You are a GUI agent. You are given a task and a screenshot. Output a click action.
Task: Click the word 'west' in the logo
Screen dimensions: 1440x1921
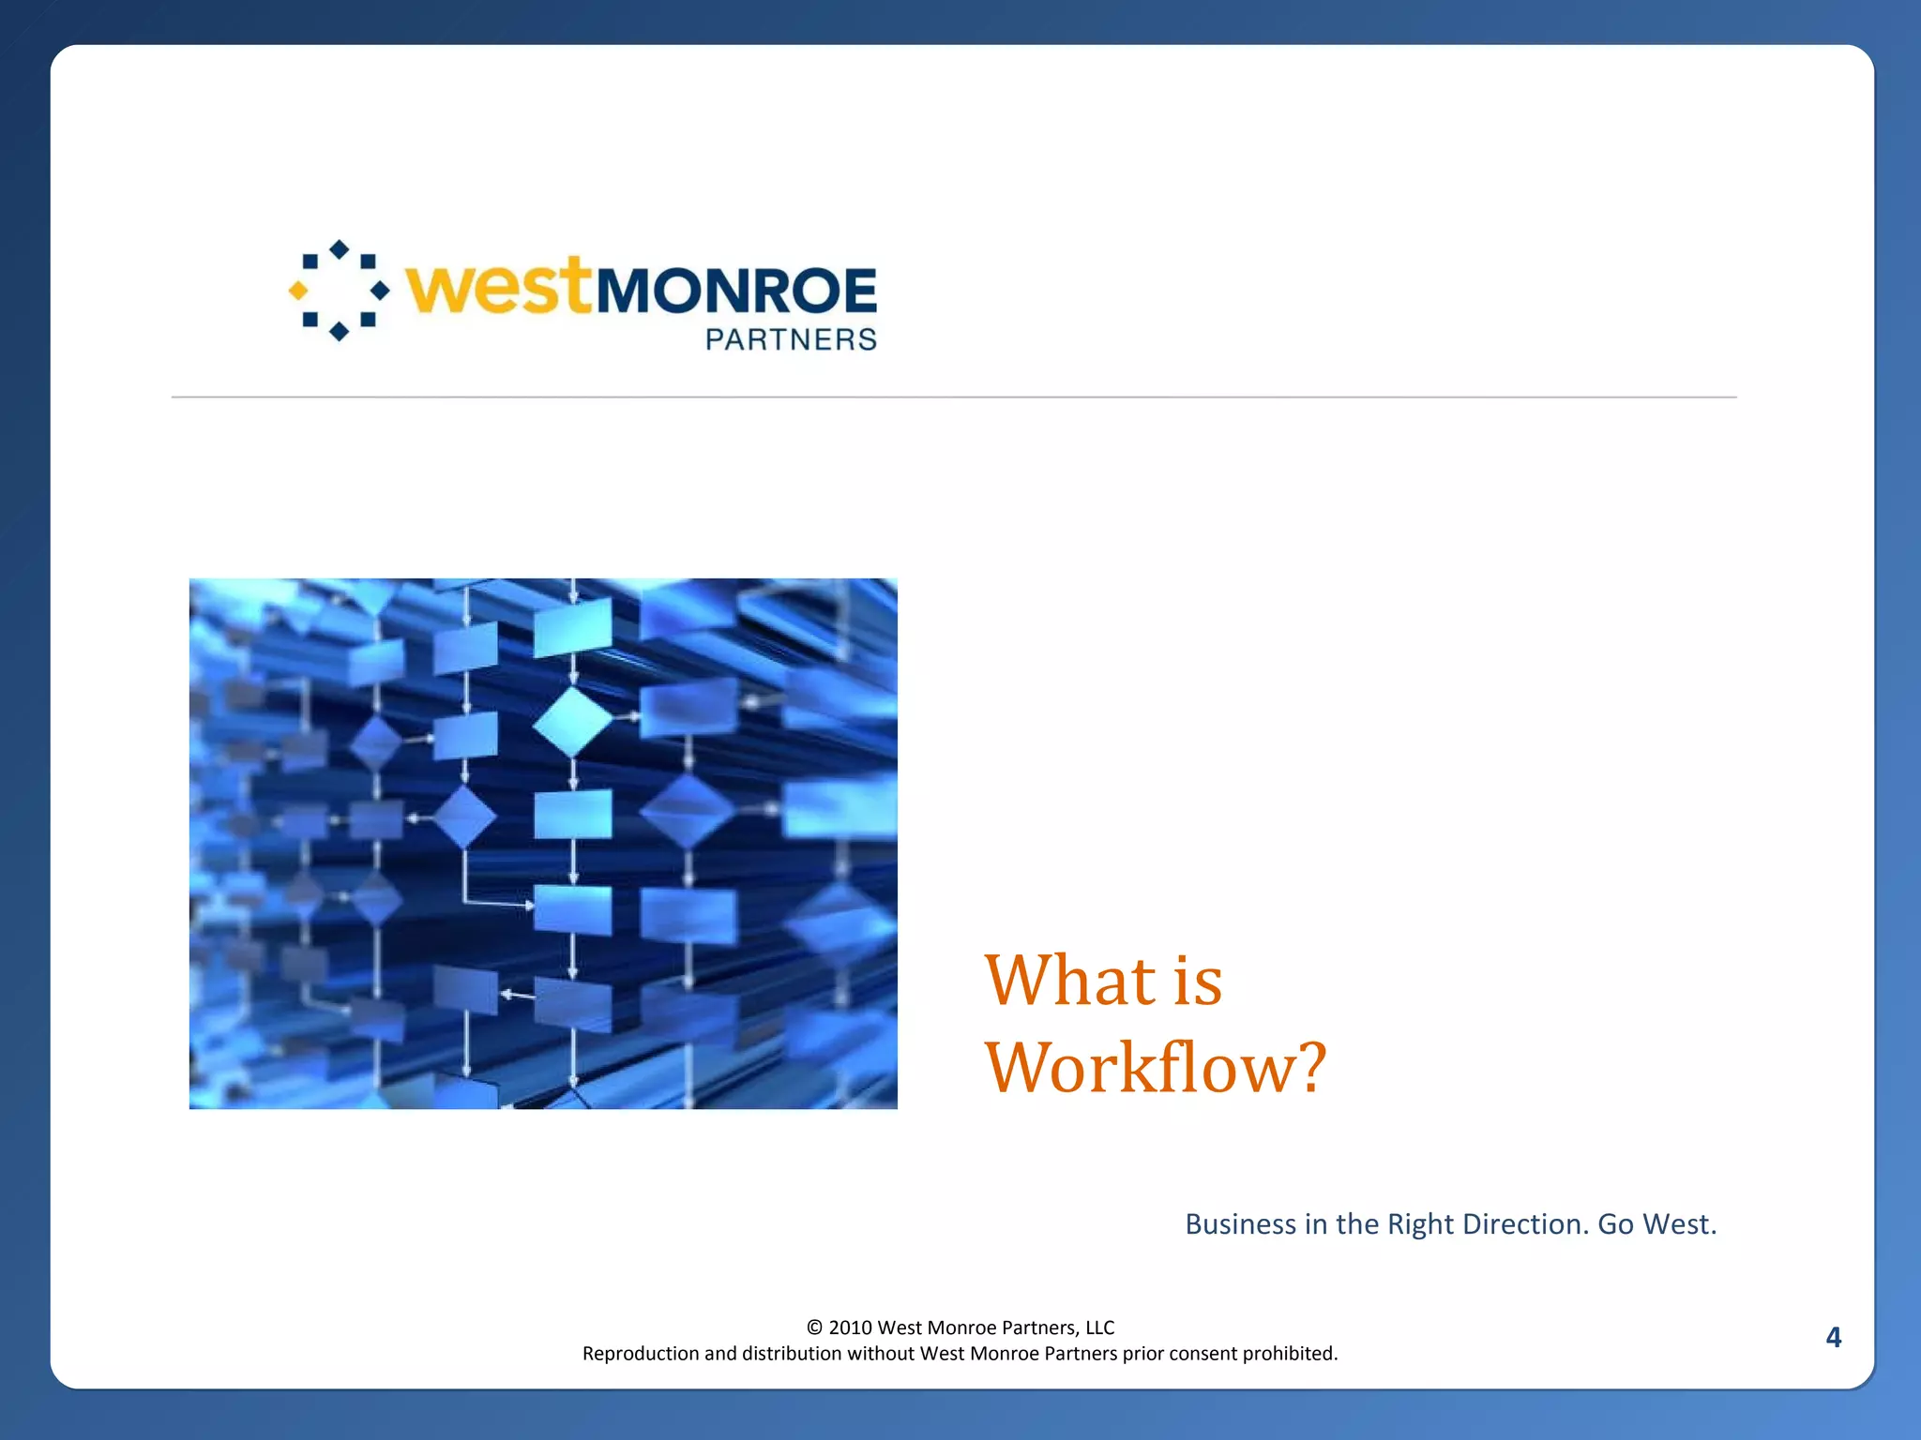(x=498, y=287)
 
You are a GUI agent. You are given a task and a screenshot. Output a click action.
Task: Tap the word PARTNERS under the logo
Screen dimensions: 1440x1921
(x=791, y=339)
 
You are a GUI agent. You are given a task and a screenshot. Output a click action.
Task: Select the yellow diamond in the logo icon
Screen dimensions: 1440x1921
(x=298, y=291)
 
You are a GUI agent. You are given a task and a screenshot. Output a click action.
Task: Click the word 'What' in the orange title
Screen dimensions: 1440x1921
(x=1069, y=981)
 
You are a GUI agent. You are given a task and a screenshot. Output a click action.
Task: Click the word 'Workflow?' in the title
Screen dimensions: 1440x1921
(x=1155, y=1067)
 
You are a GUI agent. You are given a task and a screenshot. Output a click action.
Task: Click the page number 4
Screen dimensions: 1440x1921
(x=1833, y=1337)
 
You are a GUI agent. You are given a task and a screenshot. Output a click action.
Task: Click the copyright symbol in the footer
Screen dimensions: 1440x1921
(x=814, y=1327)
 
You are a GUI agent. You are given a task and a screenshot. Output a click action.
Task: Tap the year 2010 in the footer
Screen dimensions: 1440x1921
(x=850, y=1327)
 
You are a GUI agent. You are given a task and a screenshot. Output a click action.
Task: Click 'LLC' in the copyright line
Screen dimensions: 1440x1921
(x=1099, y=1327)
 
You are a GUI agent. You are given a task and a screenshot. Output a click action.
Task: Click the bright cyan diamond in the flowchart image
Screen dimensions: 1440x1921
(x=572, y=722)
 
